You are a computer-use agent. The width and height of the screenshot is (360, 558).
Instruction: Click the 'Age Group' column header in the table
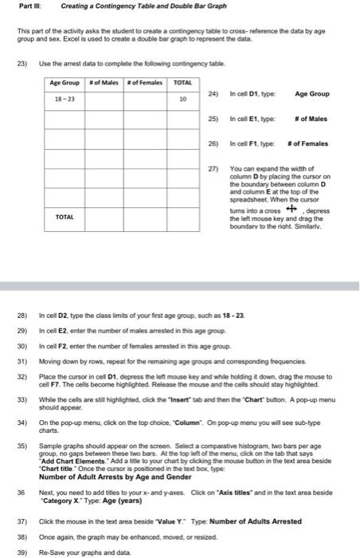(65, 84)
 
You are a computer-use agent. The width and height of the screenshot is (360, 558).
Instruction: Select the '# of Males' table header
(104, 84)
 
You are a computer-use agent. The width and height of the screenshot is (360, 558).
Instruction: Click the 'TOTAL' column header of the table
(182, 84)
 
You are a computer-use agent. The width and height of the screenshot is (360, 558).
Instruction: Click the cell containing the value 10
(182, 100)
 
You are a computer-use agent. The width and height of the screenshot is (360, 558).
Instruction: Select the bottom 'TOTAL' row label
(65, 217)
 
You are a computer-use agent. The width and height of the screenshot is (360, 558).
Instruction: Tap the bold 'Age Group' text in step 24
(312, 94)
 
